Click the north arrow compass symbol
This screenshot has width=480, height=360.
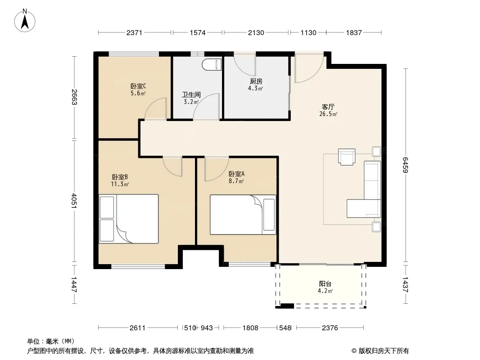25,21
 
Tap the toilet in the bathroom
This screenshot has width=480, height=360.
212,64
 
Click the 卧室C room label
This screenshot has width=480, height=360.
138,86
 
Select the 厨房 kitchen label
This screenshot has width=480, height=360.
256,81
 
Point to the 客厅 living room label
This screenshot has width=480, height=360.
328,107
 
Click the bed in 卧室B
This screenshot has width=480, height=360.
129,219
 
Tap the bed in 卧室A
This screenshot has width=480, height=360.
243,215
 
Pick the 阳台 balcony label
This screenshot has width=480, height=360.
325,284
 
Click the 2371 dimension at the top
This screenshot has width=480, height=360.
134,32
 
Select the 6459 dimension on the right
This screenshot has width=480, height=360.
406,165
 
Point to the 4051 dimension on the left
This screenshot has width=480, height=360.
74,201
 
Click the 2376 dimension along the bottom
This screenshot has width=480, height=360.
330,328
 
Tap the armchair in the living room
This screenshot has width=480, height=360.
347,157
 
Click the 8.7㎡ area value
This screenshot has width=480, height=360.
236,181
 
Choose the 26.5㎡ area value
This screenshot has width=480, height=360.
328,114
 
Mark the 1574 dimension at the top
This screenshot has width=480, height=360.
198,32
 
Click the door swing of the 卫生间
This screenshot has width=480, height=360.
206,107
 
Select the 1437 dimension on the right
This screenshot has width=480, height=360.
406,285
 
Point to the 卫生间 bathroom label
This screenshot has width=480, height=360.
191,95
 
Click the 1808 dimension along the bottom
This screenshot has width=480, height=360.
250,328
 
